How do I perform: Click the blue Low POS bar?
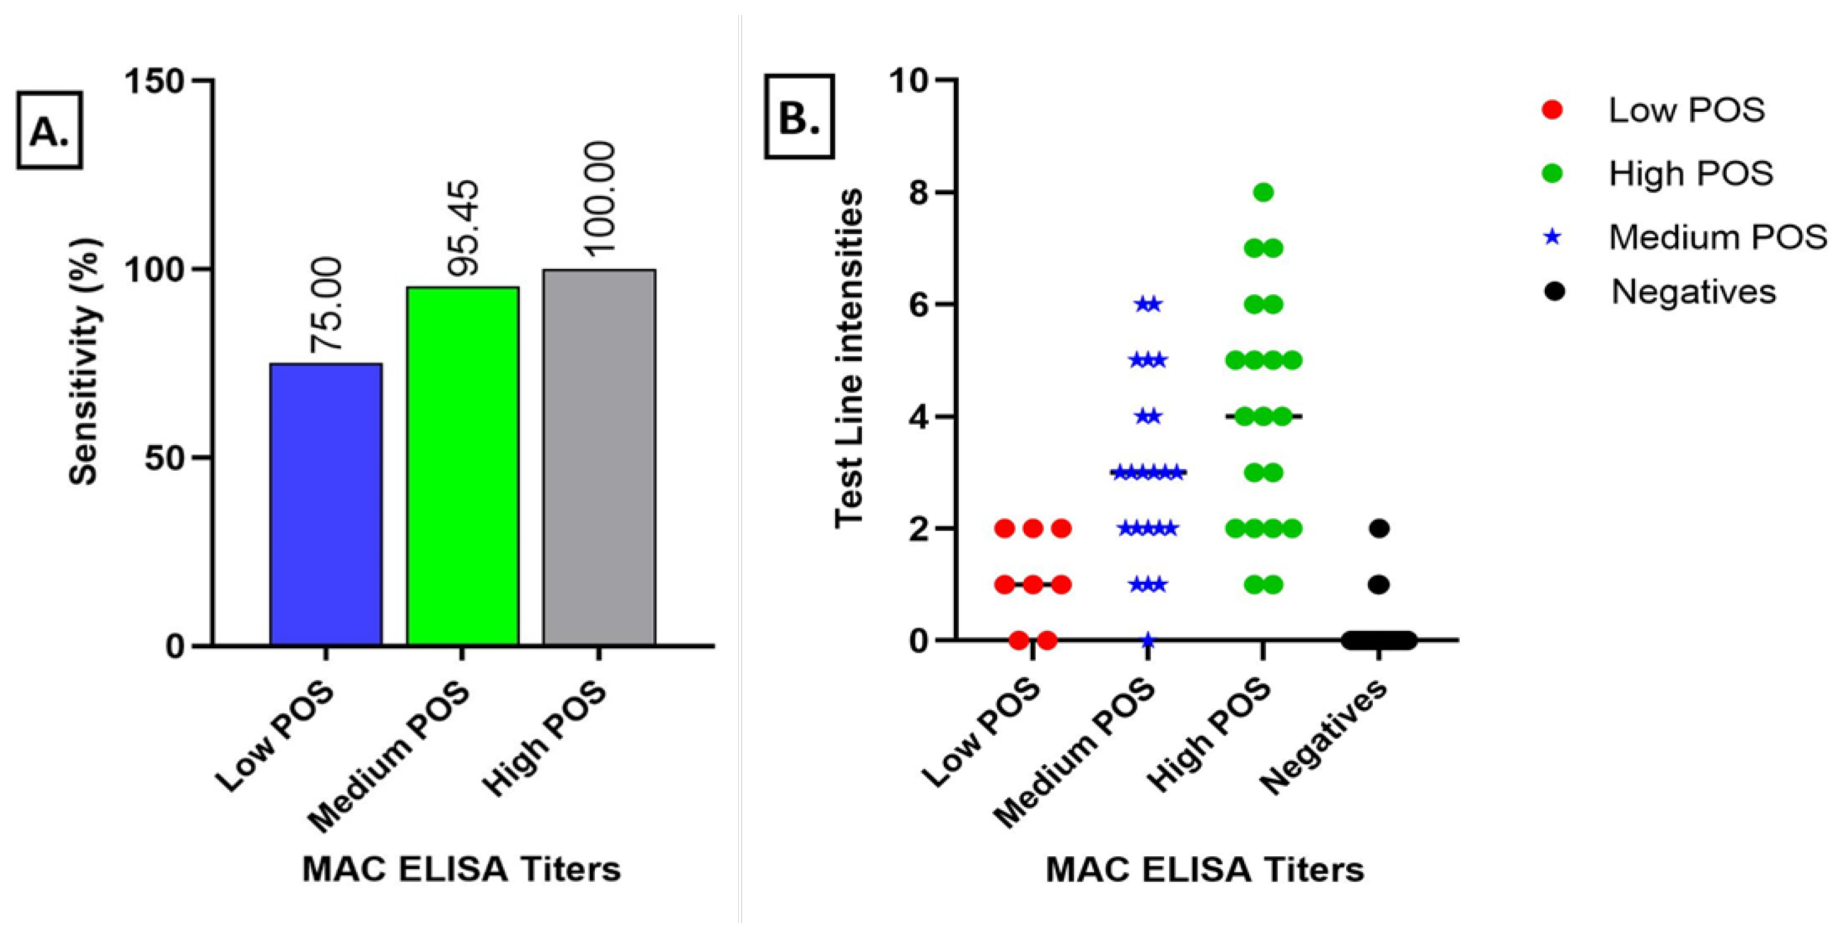click(326, 504)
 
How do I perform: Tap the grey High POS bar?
click(599, 457)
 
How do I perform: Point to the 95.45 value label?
click(463, 228)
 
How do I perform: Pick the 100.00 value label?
click(599, 197)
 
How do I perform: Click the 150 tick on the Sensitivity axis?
click(155, 81)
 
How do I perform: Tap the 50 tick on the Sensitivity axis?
click(165, 458)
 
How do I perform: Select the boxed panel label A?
click(49, 130)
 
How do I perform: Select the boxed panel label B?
click(799, 116)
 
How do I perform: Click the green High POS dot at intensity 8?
click(1264, 192)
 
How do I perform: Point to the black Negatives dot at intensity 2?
click(1379, 529)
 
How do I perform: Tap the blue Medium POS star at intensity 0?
click(1147, 640)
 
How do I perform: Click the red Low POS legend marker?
click(1552, 110)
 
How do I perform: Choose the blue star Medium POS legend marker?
click(1552, 237)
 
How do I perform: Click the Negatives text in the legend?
click(1693, 292)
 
